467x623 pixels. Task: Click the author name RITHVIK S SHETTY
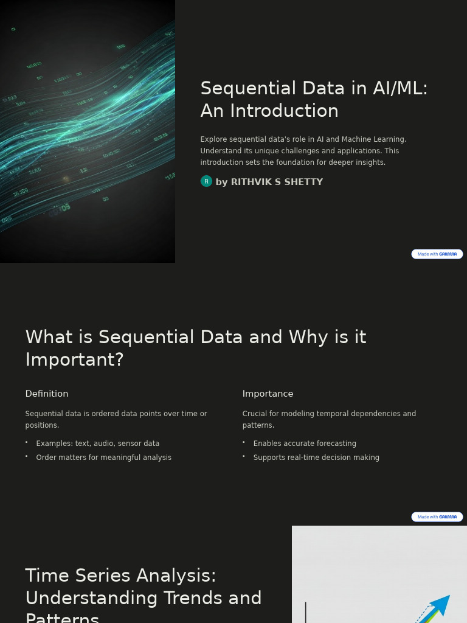point(277,182)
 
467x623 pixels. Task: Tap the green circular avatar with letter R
point(206,181)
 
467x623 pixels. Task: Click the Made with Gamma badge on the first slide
point(437,254)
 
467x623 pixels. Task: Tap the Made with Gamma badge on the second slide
point(437,517)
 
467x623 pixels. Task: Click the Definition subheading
point(47,394)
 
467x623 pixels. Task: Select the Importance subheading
point(268,394)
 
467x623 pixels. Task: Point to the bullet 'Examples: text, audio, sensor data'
point(97,444)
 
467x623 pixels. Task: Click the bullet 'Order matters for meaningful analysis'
point(103,458)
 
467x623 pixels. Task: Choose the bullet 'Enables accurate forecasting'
point(305,444)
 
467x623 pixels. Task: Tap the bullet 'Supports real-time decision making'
point(316,458)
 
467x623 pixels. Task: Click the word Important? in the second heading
point(74,360)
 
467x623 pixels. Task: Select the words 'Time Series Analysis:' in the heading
point(120,576)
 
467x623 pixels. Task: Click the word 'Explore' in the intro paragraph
point(213,139)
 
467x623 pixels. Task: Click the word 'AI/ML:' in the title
point(400,88)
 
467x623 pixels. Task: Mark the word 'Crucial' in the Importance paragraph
point(255,414)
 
